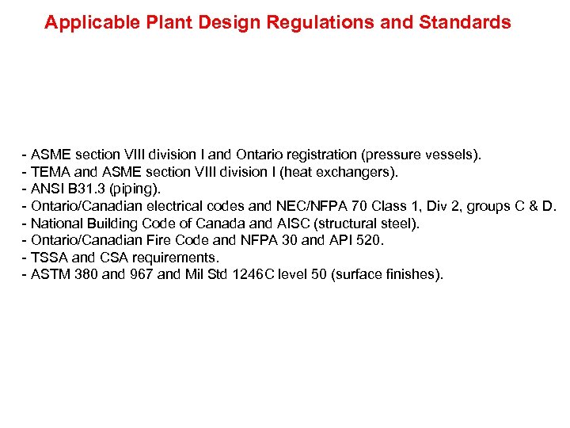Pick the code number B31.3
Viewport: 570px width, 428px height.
(88, 189)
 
